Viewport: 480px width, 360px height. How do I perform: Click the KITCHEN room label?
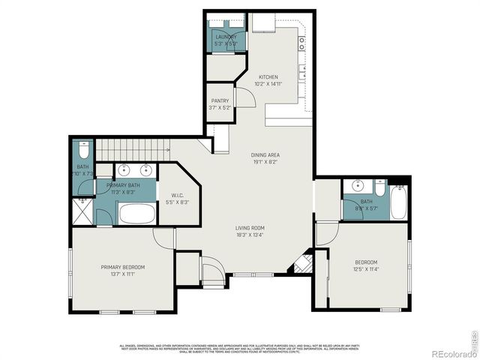pyautogui.click(x=268, y=77)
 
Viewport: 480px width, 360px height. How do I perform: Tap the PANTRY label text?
pyautogui.click(x=220, y=100)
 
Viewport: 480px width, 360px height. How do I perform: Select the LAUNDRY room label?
pyautogui.click(x=226, y=37)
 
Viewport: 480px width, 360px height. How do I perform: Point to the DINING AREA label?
pyautogui.click(x=265, y=155)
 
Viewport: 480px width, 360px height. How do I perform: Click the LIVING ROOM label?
pyautogui.click(x=250, y=228)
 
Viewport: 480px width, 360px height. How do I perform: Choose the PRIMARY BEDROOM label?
pyautogui.click(x=123, y=268)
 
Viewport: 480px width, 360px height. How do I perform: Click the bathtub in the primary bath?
pyautogui.click(x=136, y=214)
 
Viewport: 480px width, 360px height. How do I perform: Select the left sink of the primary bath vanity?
pyautogui.click(x=124, y=169)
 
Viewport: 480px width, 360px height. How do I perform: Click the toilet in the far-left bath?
pyautogui.click(x=82, y=148)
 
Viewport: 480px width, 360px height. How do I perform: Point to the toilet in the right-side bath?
pyautogui.click(x=379, y=186)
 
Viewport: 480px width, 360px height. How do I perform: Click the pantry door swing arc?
pyautogui.click(x=241, y=96)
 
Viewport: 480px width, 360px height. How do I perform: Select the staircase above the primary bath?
pyautogui.click(x=142, y=148)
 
